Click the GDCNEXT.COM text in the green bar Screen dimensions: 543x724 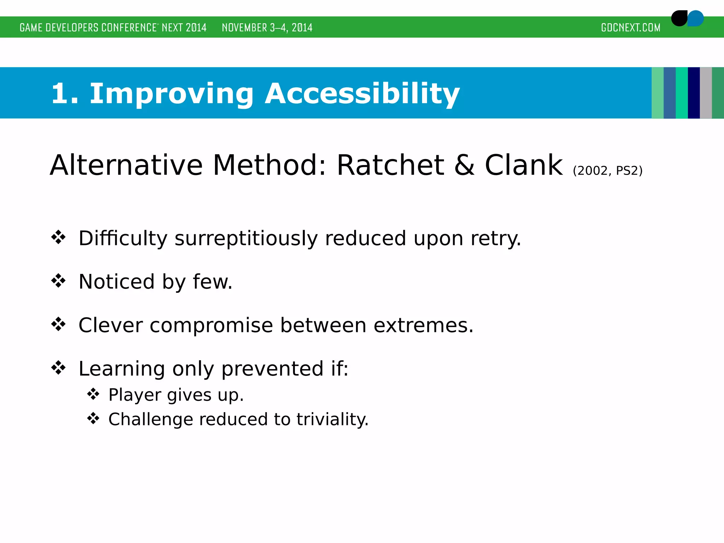coord(630,28)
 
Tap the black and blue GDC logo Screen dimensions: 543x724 coord(687,18)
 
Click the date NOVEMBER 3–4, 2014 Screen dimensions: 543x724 coord(267,28)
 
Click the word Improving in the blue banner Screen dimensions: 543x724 coord(171,94)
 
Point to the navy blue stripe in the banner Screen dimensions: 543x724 coord(694,93)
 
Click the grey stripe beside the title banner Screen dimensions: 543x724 coord(706,93)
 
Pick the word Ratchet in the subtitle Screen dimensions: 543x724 coord(390,165)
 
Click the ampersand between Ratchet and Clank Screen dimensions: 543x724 coord(464,165)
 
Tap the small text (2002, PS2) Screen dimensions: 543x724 coord(607,171)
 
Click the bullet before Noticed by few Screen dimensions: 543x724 coord(58,281)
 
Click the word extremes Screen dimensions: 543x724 coord(423,326)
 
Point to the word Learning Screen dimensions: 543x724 coord(122,369)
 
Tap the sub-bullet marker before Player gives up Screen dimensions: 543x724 coord(93,394)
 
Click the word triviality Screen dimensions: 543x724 coord(332,420)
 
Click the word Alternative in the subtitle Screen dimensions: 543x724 coord(126,165)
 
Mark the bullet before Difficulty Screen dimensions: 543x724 coord(58,237)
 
